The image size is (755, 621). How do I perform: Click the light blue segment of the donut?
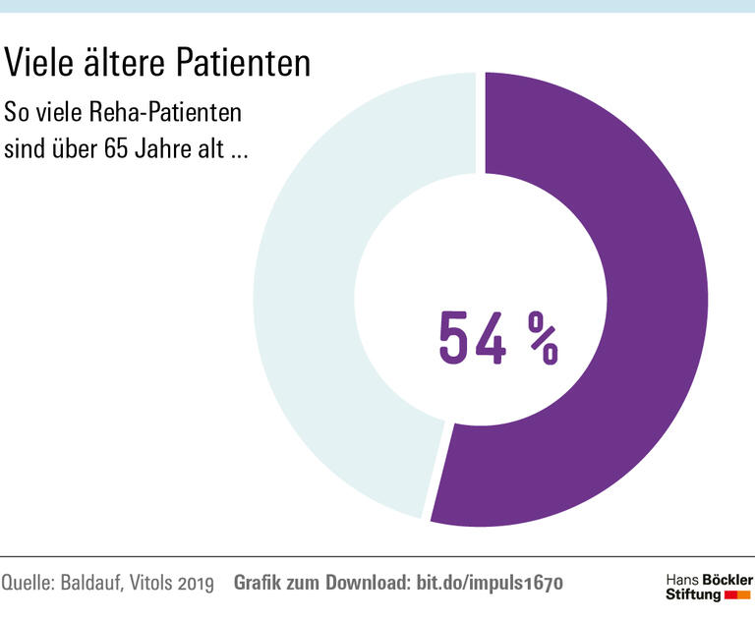tap(305, 295)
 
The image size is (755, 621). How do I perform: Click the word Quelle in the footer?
tap(29, 584)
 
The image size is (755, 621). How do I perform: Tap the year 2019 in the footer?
tap(197, 584)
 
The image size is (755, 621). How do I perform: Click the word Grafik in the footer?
tap(257, 584)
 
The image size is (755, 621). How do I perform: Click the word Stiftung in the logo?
tap(693, 595)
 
